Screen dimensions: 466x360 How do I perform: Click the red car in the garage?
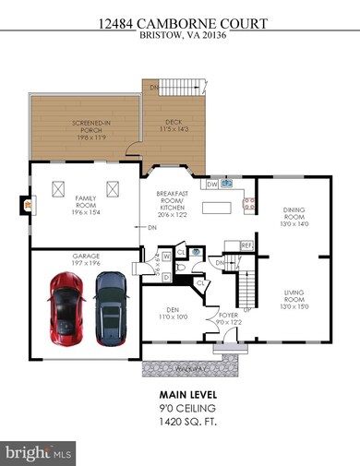coord(65,305)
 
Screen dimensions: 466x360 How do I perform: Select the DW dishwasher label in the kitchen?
coord(212,184)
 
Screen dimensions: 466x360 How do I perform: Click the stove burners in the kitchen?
coord(247,203)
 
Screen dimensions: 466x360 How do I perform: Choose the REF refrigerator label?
coord(246,245)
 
